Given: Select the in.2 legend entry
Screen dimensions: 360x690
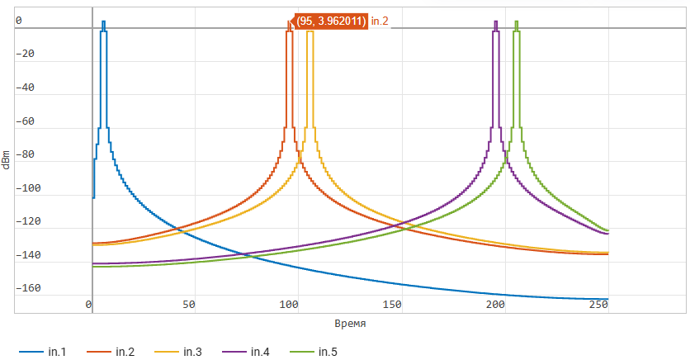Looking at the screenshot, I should coord(125,353).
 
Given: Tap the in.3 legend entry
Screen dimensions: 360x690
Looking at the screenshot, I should coord(192,353).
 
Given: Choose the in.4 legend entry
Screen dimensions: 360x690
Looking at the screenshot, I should coord(260,353).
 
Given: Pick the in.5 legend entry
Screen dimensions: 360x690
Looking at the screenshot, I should coord(328,353).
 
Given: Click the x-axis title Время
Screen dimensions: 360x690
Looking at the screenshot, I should coord(351,324).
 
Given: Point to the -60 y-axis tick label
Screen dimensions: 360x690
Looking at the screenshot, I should coord(31,121).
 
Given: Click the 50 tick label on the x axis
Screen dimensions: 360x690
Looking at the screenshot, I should coord(189,305).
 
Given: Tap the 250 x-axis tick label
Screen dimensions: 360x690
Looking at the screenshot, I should coord(598,305).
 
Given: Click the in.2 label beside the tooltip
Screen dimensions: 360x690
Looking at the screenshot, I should coord(380,21).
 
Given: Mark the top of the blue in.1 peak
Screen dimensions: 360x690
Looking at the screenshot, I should coord(103,22).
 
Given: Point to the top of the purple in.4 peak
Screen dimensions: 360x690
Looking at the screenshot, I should coord(495,22).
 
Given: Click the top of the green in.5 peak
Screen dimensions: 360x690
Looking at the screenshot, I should coord(516,22).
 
